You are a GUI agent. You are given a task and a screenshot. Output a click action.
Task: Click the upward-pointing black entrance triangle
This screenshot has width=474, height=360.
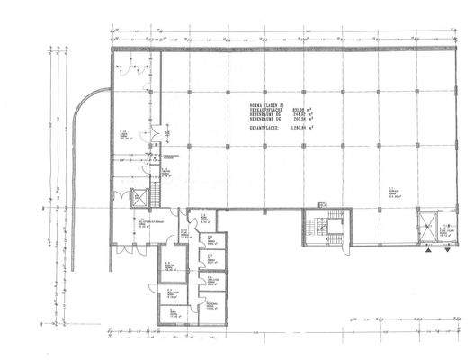pyautogui.click(x=429, y=253)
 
